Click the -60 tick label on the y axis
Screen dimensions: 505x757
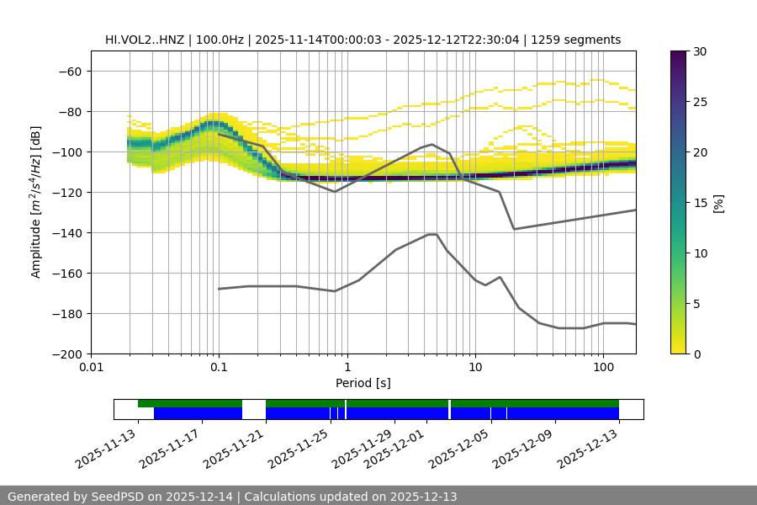(69, 71)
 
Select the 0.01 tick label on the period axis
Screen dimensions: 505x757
(91, 367)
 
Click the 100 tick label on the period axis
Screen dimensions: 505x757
(603, 367)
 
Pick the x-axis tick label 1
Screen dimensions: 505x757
(347, 367)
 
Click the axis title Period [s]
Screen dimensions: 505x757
(363, 383)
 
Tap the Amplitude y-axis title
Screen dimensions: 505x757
(36, 202)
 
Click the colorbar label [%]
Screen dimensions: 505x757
(717, 202)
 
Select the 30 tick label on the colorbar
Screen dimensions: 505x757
(700, 51)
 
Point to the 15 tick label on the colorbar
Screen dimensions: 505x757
(700, 203)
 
